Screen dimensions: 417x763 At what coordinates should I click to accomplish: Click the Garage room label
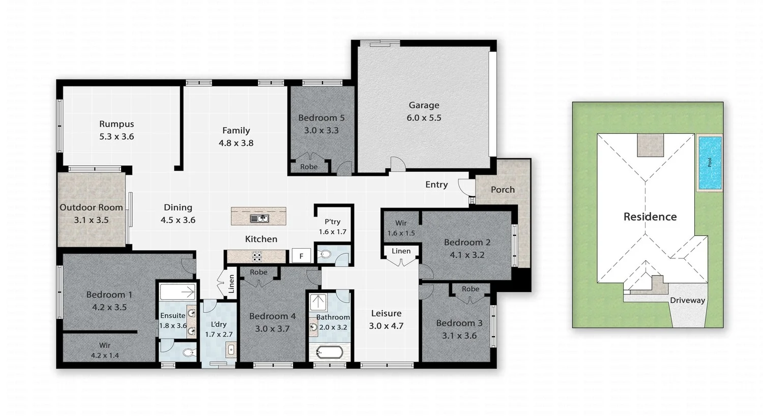pos(424,105)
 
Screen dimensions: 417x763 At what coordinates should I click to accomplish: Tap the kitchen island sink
pos(259,219)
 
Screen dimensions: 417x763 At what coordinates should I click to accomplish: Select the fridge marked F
pos(301,256)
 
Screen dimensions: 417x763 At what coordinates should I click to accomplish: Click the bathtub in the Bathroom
pos(329,351)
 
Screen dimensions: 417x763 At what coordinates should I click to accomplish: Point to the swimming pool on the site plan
pos(710,163)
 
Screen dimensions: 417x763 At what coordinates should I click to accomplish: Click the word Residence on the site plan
pos(650,217)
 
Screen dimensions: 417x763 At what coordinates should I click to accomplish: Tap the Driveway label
pos(687,300)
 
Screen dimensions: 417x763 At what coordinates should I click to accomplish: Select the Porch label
pos(503,190)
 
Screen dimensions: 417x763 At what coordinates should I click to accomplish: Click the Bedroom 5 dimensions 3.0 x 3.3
pos(321,130)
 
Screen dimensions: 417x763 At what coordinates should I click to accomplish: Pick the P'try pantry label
pos(332,222)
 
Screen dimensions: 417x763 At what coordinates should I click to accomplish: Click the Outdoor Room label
pos(91,207)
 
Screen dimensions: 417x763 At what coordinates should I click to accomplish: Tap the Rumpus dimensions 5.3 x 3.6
pos(116,136)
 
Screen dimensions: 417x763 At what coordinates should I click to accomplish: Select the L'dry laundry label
pos(218,324)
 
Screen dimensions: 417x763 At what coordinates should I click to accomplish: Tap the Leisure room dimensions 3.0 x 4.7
pos(386,326)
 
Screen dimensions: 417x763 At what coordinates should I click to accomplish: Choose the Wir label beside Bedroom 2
pos(401,223)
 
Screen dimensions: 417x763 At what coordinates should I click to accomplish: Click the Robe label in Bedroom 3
pos(470,289)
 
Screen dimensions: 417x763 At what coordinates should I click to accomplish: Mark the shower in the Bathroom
pos(319,302)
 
